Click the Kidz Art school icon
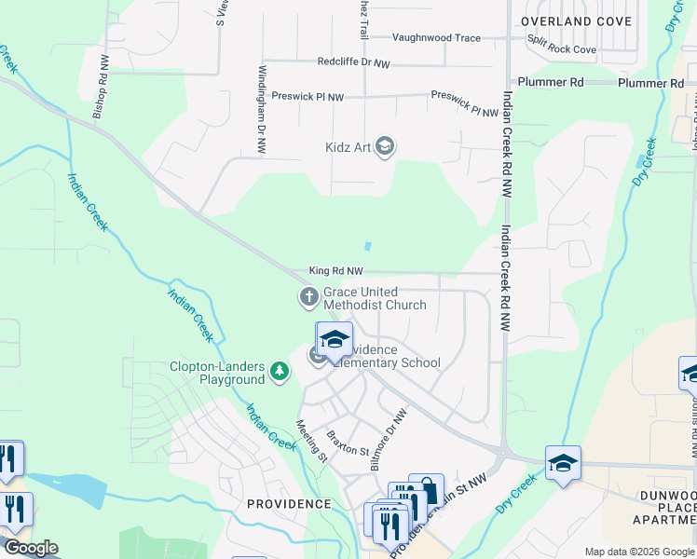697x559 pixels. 386,147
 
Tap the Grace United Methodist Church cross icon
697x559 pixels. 308,298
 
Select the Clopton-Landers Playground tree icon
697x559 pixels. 279,373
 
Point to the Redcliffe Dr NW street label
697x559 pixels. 353,62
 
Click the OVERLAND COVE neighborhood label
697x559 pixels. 570,20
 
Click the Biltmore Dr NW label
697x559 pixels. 389,440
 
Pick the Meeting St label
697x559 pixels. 311,441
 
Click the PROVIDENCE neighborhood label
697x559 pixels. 289,503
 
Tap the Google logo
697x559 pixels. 30,548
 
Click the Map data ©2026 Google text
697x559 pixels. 639,552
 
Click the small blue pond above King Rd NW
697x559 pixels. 369,247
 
